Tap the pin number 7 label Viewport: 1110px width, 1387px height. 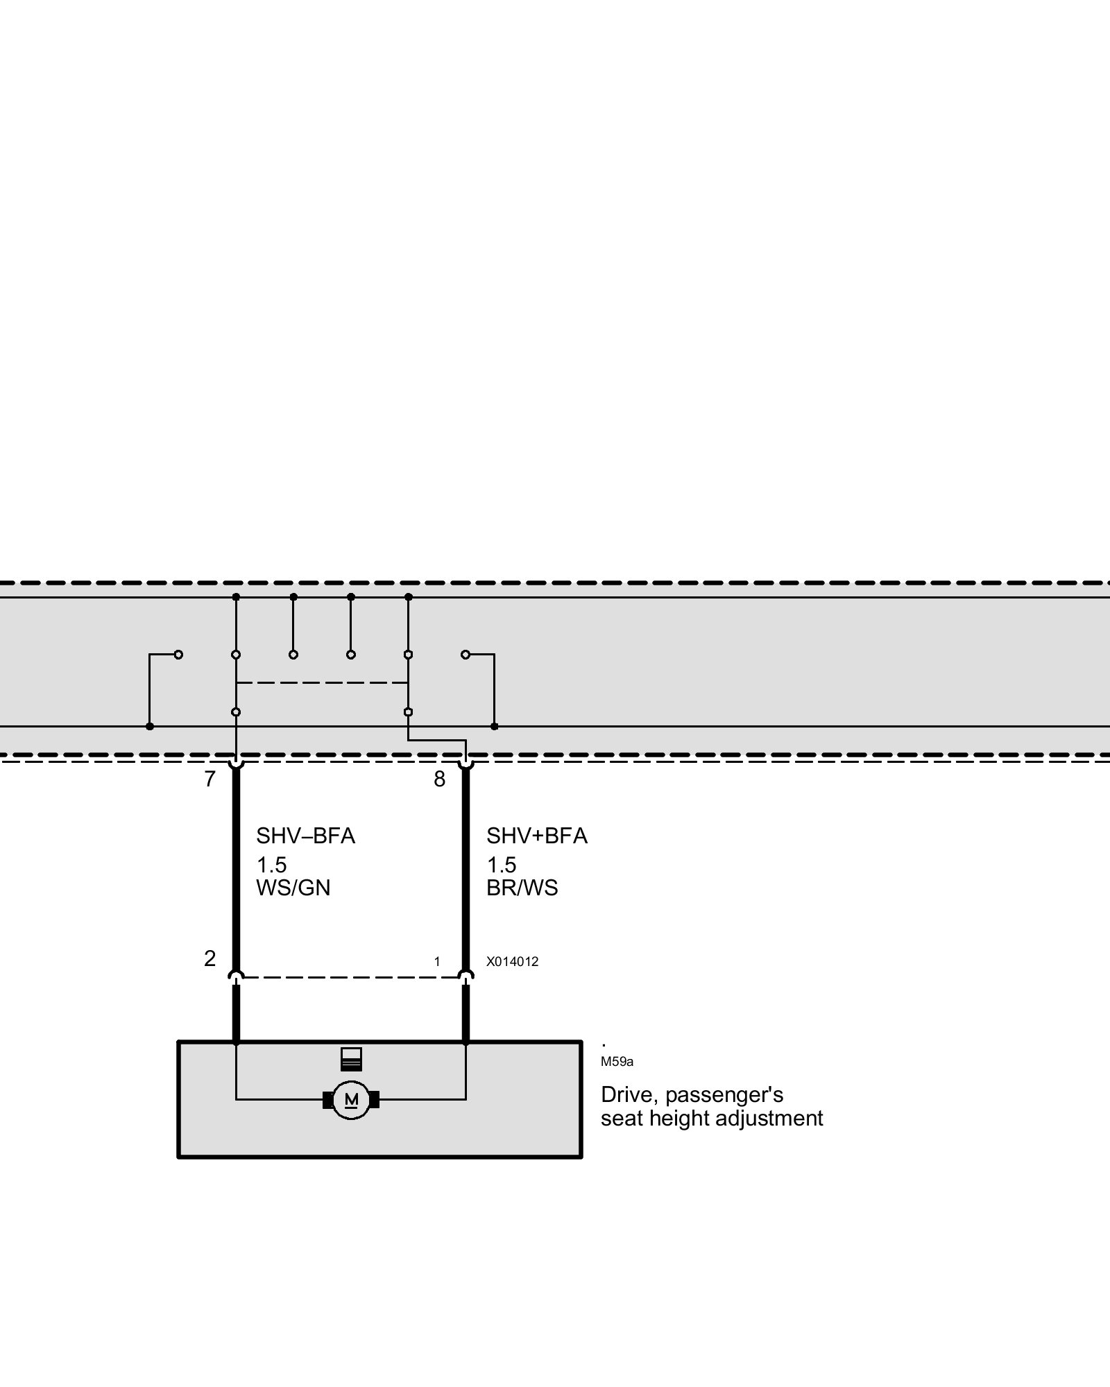(x=210, y=779)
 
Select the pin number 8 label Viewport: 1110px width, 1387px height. (x=439, y=779)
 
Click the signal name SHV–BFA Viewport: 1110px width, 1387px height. (x=305, y=836)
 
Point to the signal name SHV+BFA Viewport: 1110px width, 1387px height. (x=536, y=836)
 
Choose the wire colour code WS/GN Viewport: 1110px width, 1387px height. (x=293, y=888)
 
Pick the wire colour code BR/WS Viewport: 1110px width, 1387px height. (x=522, y=888)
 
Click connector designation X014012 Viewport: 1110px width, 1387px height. (x=512, y=962)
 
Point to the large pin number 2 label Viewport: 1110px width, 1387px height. (x=210, y=958)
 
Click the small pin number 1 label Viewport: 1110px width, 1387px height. (x=437, y=962)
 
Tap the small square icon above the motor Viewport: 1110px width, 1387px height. (x=351, y=1059)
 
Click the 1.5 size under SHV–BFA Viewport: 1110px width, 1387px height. (x=271, y=865)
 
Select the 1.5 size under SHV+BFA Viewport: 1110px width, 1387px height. (x=502, y=865)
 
